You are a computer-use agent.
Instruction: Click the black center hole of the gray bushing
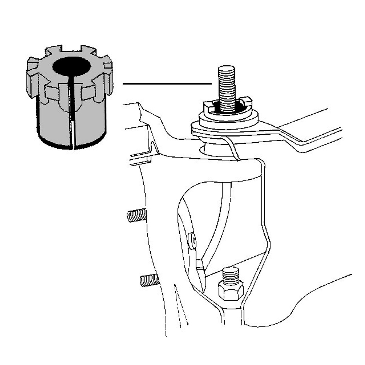click(x=72, y=66)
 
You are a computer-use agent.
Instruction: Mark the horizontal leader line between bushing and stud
click(x=167, y=84)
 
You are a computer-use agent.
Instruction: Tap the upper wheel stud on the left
click(x=136, y=215)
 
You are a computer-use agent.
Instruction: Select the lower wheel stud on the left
click(x=149, y=280)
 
